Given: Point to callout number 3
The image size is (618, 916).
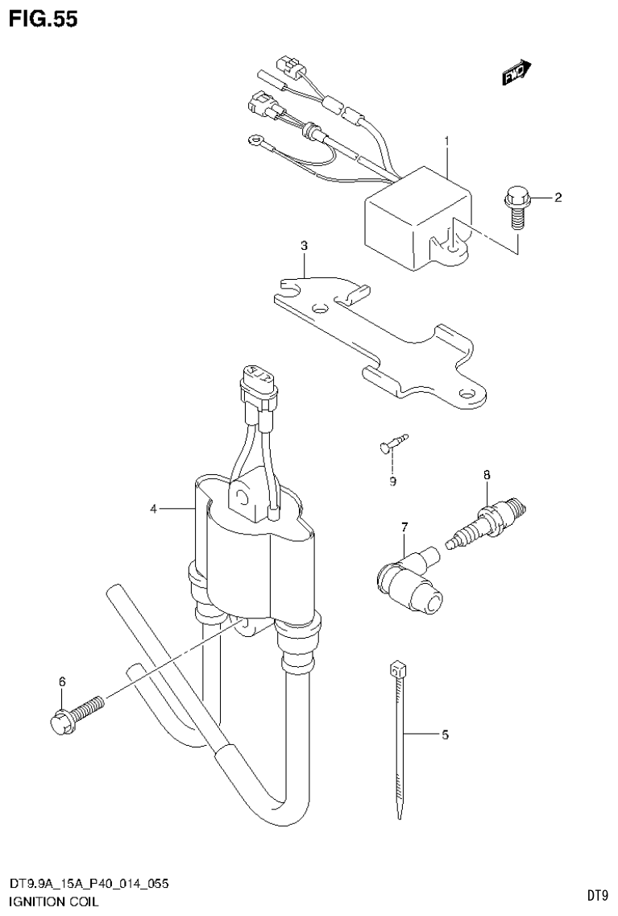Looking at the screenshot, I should click(x=304, y=245).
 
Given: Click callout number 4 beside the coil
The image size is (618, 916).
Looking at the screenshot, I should click(x=152, y=509).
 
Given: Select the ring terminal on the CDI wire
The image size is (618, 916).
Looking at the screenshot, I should click(x=256, y=140).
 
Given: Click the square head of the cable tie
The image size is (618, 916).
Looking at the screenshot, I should click(x=395, y=668).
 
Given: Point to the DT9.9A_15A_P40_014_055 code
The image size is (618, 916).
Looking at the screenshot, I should click(x=89, y=885).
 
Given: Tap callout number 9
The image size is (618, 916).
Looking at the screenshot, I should click(x=392, y=481).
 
